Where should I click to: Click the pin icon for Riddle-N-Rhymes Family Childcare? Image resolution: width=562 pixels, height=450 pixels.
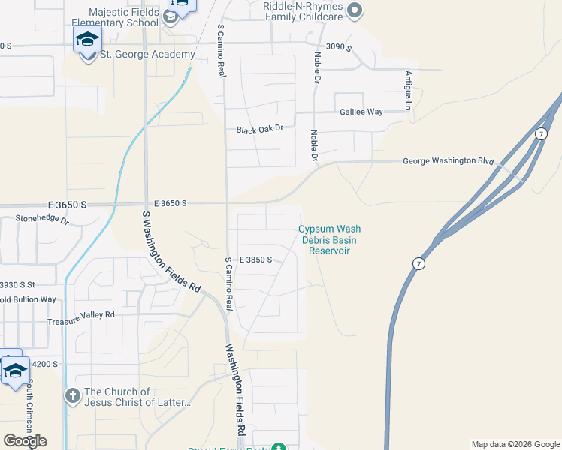[x=357, y=10]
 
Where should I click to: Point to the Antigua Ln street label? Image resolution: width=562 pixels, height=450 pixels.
[x=409, y=90]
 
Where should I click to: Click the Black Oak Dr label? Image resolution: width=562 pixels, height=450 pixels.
[x=259, y=130]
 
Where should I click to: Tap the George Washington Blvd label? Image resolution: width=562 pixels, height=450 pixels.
[x=448, y=160]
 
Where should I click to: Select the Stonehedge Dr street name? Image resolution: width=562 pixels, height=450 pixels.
[x=42, y=221]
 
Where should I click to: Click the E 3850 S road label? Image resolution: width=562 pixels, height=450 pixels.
[x=255, y=259]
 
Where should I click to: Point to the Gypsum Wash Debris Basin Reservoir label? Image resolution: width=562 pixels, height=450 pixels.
[x=329, y=239]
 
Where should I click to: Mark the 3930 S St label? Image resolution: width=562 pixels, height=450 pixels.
[x=17, y=284]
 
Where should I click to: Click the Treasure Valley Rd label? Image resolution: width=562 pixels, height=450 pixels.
[x=80, y=315]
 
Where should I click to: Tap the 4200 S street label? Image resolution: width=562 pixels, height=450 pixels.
[x=44, y=364]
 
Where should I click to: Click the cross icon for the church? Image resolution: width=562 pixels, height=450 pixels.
[x=72, y=394]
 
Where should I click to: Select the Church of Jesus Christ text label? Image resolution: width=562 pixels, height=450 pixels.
[x=138, y=397]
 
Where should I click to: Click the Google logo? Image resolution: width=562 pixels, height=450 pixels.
[x=25, y=441]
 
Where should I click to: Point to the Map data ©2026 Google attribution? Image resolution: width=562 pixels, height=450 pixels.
[x=515, y=444]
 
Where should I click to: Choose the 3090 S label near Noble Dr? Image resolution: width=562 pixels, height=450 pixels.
[x=340, y=46]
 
